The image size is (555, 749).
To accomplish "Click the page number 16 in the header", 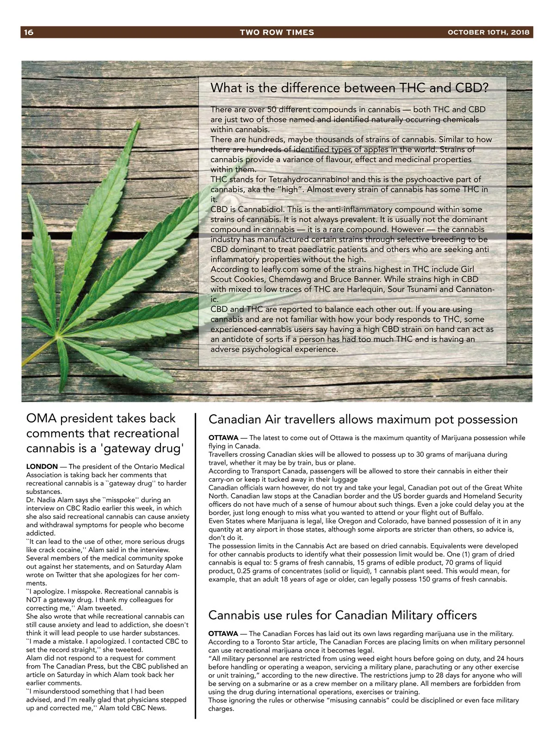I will click(x=29, y=32).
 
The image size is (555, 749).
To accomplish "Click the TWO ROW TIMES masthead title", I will click(x=277, y=32).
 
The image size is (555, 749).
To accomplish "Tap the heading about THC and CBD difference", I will click(x=349, y=88).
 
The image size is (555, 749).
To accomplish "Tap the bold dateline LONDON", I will click(x=42, y=467).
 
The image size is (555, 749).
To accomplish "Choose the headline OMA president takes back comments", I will click(x=103, y=433).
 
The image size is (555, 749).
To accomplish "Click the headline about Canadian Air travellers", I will click(x=363, y=419).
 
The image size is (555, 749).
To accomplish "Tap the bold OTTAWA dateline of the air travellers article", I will click(x=223, y=438).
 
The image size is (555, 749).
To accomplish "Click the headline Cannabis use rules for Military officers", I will click(x=342, y=615).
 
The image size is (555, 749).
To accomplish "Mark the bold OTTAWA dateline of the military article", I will click(x=223, y=634).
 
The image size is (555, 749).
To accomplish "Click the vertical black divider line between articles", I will click(x=196, y=565).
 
